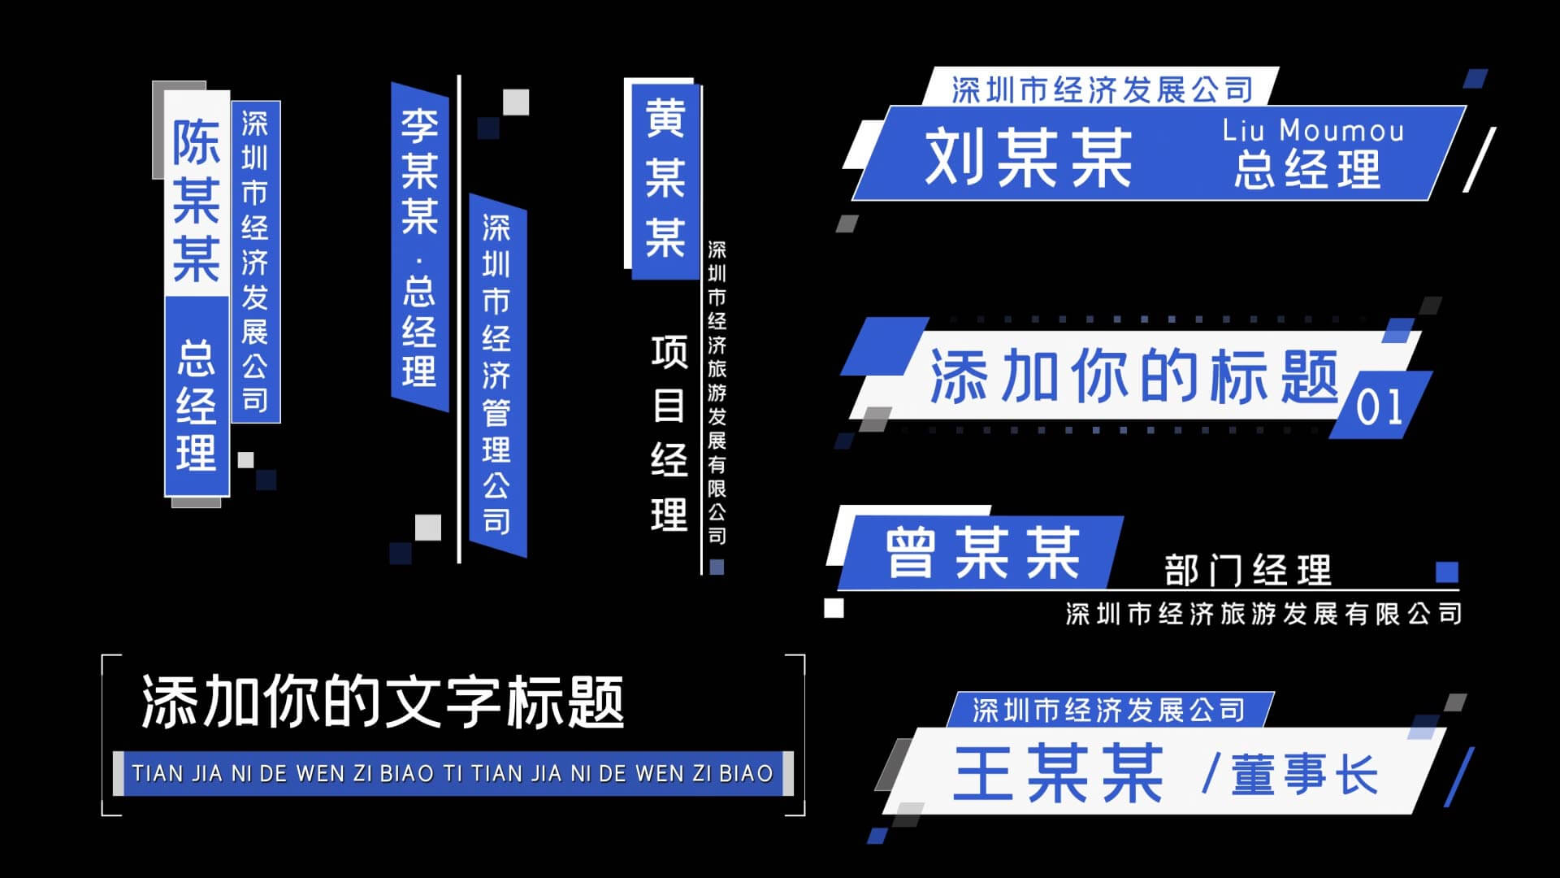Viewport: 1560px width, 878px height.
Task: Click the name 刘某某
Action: pyautogui.click(x=1029, y=158)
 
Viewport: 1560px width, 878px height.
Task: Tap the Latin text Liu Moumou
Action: pyautogui.click(x=1313, y=130)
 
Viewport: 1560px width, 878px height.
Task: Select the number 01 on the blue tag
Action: pyautogui.click(x=1379, y=407)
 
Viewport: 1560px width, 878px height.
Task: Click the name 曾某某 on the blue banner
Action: pyautogui.click(x=982, y=554)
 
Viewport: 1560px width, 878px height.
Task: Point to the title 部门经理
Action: pyautogui.click(x=1248, y=570)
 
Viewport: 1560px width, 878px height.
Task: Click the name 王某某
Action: pyautogui.click(x=1059, y=774)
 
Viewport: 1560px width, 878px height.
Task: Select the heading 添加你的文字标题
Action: pyautogui.click(x=383, y=702)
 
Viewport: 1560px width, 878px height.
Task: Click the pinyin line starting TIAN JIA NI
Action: pyautogui.click(x=453, y=773)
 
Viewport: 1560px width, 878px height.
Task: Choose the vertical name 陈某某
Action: pyautogui.click(x=196, y=201)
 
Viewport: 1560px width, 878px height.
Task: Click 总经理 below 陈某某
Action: pyautogui.click(x=197, y=405)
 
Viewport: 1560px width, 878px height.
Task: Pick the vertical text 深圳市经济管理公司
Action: pyautogui.click(x=496, y=374)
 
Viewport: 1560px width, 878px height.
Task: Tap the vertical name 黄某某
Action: pyautogui.click(x=665, y=178)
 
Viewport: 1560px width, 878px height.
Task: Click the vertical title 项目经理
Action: pyautogui.click(x=669, y=433)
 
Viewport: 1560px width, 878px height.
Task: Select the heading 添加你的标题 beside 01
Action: pyautogui.click(x=1134, y=376)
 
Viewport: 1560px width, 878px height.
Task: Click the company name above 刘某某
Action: pyautogui.click(x=1102, y=89)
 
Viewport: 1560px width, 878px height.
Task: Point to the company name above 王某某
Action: pyautogui.click(x=1108, y=710)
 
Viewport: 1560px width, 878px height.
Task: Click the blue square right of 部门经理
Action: pyautogui.click(x=1447, y=572)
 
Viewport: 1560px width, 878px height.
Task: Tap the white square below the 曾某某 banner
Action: pyautogui.click(x=834, y=608)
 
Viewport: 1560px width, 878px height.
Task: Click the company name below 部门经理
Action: pyautogui.click(x=1263, y=614)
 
